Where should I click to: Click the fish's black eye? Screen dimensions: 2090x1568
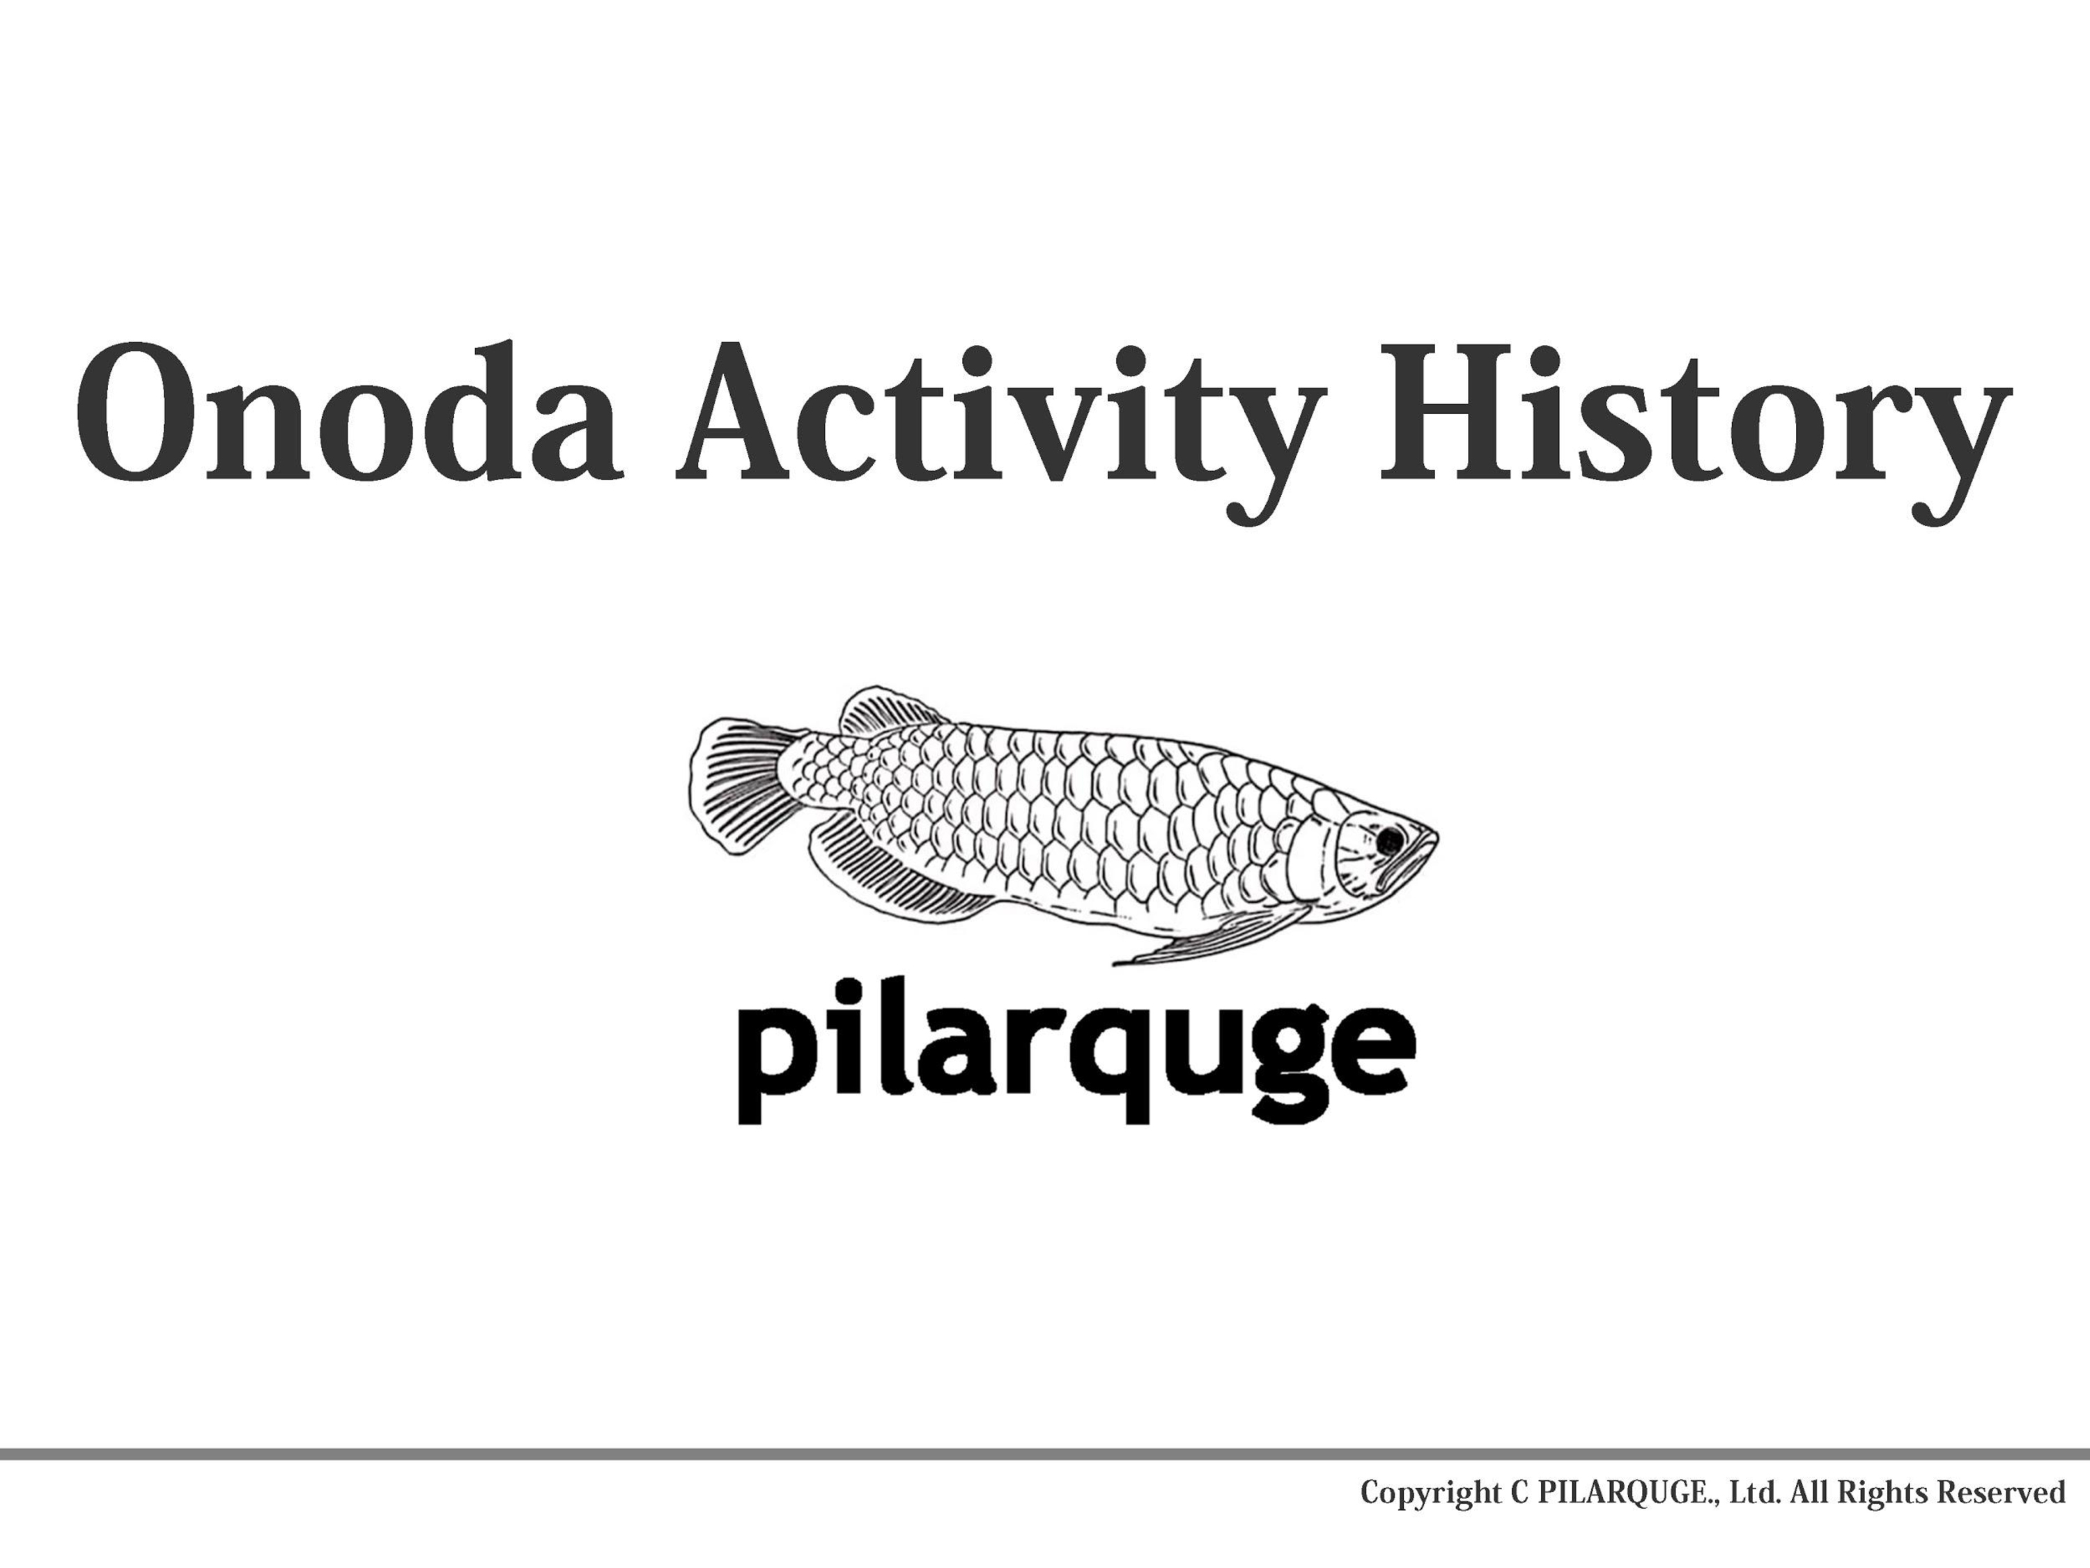[x=1389, y=839]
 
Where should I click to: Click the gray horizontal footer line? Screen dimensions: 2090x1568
[x=1045, y=1454]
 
